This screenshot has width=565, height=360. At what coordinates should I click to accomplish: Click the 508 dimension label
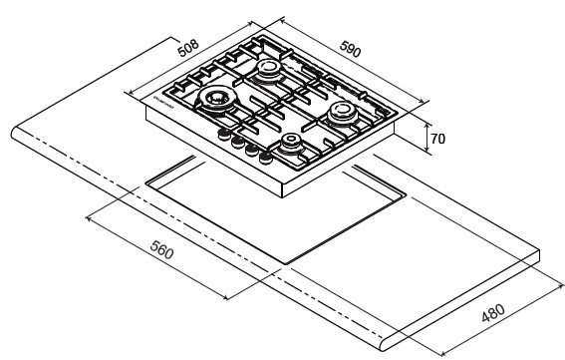(188, 45)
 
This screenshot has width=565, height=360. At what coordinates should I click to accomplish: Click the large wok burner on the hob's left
(216, 99)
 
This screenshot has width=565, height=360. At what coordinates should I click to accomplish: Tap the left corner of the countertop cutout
(146, 181)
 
